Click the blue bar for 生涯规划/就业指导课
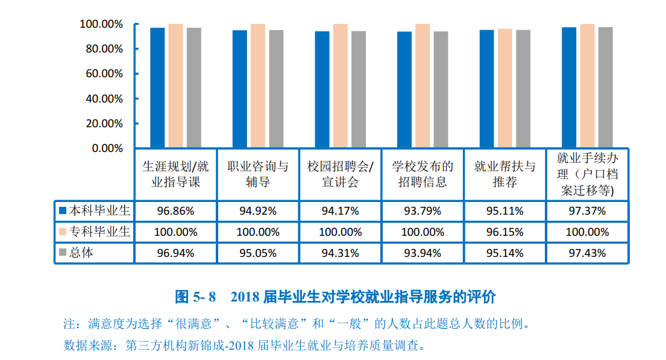click(157, 87)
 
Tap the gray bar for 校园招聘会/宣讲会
click(358, 89)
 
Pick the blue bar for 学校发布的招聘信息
click(404, 89)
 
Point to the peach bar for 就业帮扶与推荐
click(504, 88)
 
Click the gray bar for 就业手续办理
click(605, 87)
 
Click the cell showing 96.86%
click(175, 211)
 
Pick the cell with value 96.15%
click(504, 232)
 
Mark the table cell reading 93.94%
click(422, 253)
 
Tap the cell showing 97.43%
click(587, 253)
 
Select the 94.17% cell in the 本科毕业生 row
click(340, 211)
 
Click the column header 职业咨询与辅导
click(257, 174)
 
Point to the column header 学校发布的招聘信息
click(422, 174)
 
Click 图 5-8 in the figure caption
click(195, 297)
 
